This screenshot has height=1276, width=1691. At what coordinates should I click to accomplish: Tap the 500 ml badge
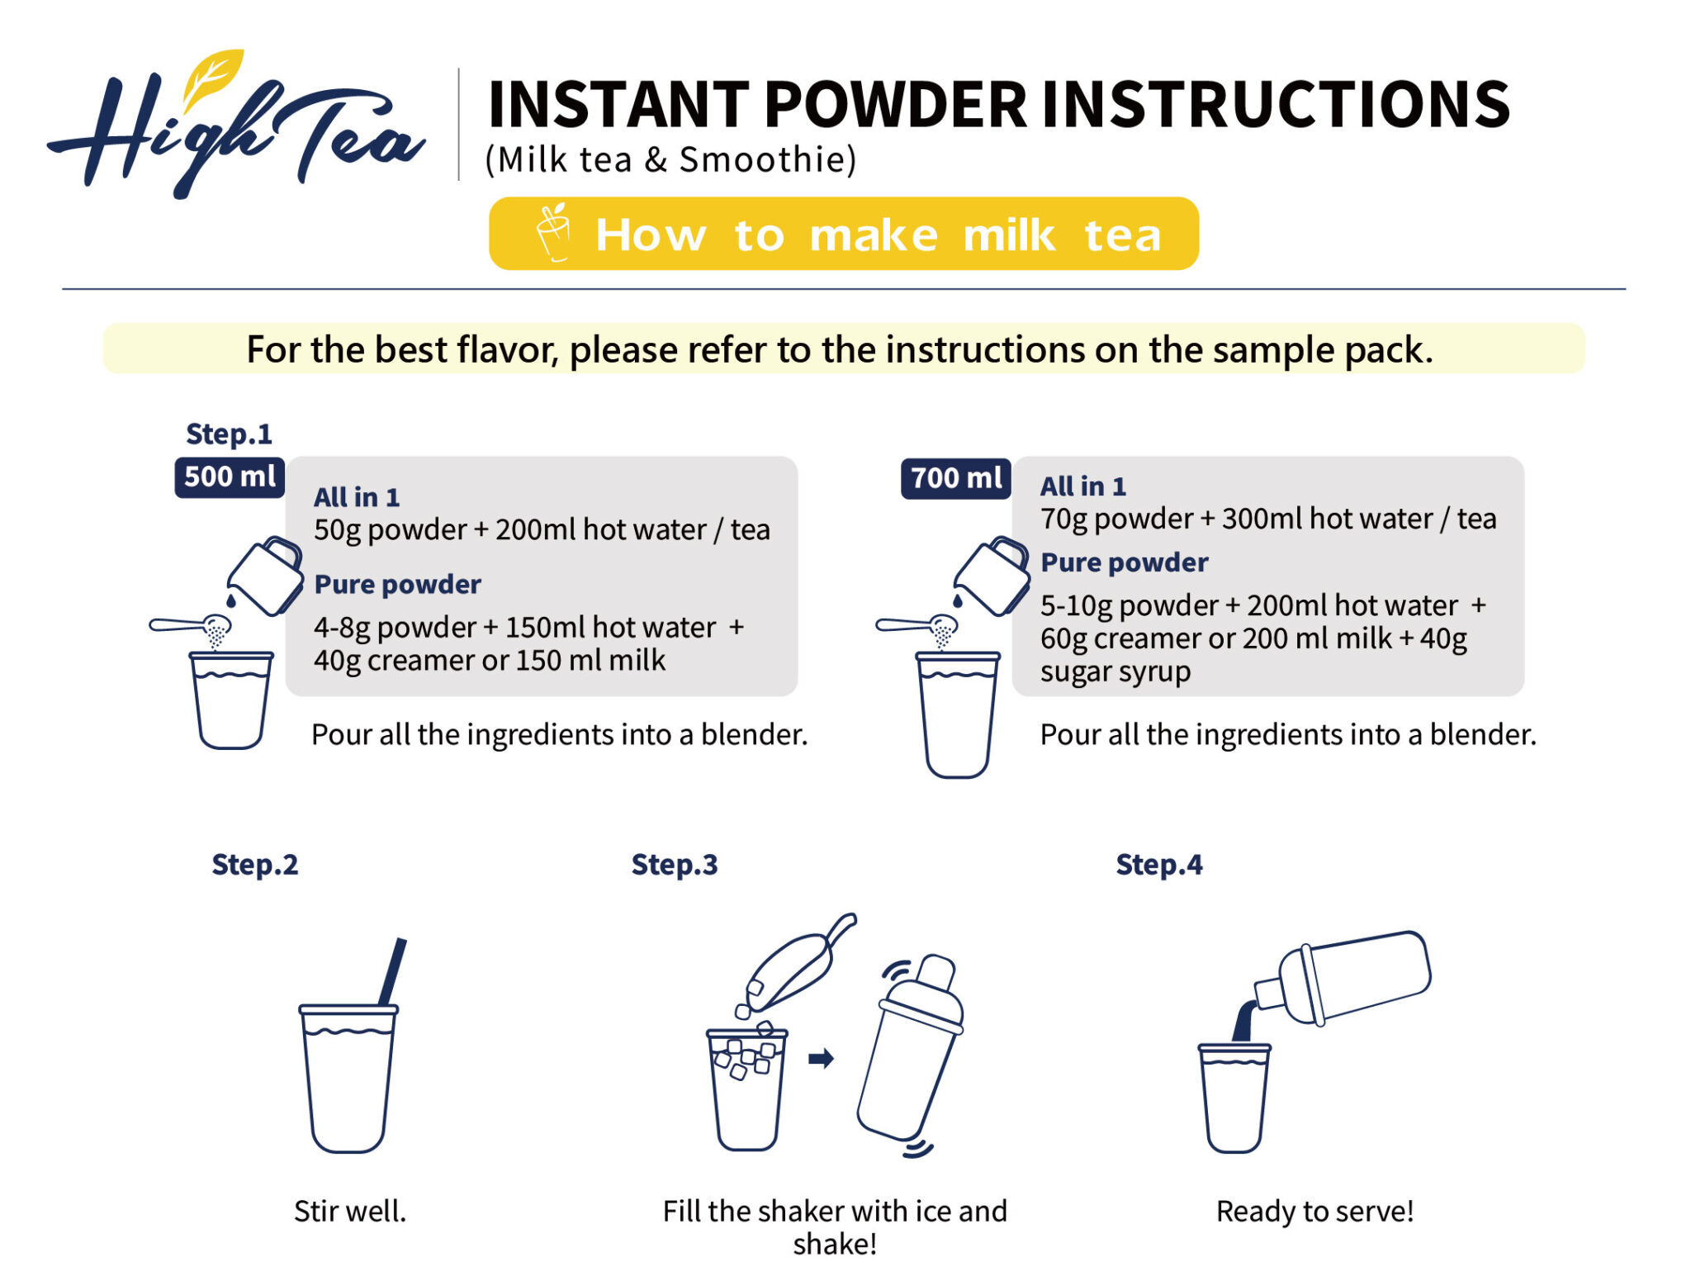coord(229,477)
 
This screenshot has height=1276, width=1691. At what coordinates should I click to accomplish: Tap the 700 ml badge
coord(955,478)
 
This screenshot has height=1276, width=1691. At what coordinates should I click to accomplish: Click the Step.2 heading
coord(254,865)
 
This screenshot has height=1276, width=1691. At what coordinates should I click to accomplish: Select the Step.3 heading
coord(674,865)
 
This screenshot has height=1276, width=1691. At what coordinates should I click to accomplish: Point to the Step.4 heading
coord(1158,865)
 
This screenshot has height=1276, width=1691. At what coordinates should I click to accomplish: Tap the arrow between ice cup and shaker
coord(820,1058)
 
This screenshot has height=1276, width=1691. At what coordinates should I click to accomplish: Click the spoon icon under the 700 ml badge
coord(917,624)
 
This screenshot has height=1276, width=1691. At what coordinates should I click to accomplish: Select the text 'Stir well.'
coord(350,1211)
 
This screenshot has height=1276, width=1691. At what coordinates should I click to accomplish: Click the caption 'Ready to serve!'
coord(1314,1211)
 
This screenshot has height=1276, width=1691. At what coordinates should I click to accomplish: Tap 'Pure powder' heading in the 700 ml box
coord(1124,562)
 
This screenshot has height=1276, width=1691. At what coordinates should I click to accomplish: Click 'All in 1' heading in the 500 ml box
coord(357,497)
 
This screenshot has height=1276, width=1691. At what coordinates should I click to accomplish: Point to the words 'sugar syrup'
coord(1115,671)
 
